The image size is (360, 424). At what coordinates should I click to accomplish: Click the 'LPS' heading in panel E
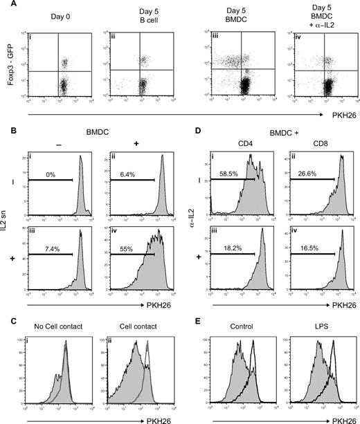point(316,327)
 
